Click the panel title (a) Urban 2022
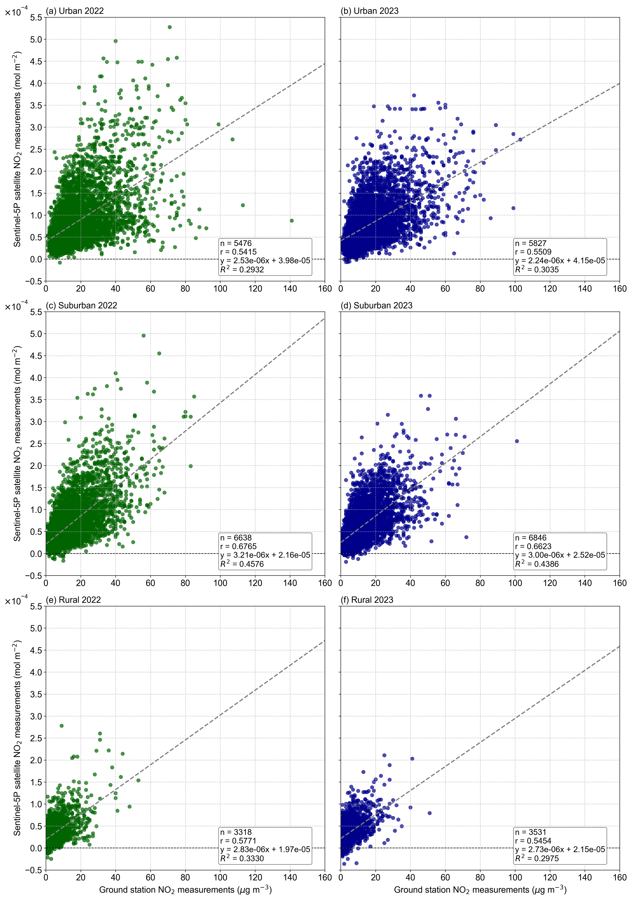[75, 11]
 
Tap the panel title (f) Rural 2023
[367, 600]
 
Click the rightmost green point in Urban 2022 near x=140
[291, 221]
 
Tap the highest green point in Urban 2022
[169, 27]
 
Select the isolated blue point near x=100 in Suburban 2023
[517, 441]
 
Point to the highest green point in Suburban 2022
[144, 336]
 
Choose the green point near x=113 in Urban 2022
[243, 205]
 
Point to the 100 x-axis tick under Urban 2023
[515, 288]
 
